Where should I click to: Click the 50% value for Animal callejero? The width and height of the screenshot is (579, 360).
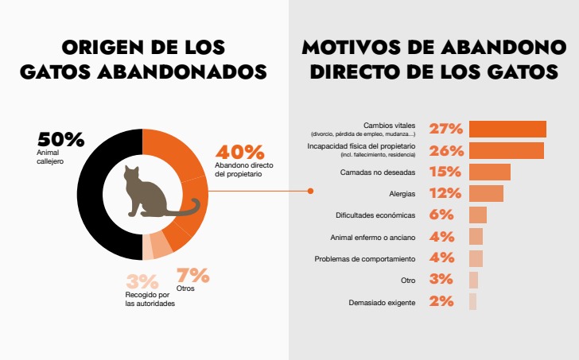point(60,139)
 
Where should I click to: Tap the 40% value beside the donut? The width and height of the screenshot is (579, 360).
point(239,152)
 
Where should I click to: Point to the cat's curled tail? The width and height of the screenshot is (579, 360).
point(187,211)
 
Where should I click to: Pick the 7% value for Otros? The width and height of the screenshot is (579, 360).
point(193,276)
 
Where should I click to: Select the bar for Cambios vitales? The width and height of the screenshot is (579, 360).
point(507,130)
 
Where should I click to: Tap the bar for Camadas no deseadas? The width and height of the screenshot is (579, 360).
point(489,172)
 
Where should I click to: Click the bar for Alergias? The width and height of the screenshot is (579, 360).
point(486,194)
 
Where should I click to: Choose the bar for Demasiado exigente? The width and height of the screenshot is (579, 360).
point(472,301)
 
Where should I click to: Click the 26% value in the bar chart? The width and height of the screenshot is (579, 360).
point(445,151)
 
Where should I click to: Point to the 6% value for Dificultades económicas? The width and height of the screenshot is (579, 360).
point(441,215)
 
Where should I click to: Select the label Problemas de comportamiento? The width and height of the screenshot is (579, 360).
point(364,259)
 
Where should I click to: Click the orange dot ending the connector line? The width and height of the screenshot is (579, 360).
point(310,191)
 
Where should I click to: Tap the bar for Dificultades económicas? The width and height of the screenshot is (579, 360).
point(477,215)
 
